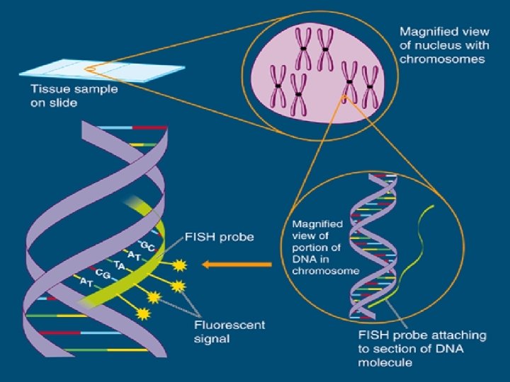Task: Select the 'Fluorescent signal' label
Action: pyautogui.click(x=229, y=331)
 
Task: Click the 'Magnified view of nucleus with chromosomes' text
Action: pyautogui.click(x=442, y=46)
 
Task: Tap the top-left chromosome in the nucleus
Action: pyautogui.click(x=302, y=47)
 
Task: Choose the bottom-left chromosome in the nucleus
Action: pyautogui.click(x=278, y=84)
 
